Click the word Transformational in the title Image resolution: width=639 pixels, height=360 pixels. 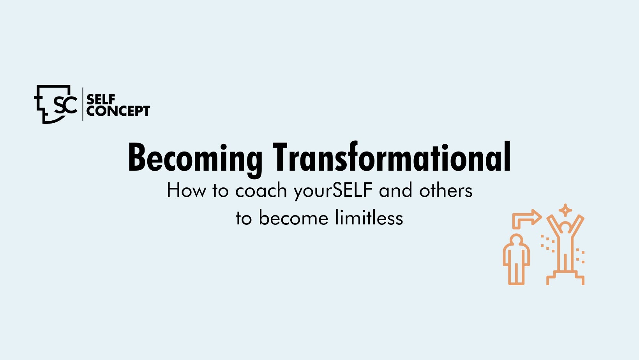[392, 157]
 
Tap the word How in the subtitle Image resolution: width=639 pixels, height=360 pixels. [186, 190]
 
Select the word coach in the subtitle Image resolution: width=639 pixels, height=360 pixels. [261, 190]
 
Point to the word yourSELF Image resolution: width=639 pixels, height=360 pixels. [333, 191]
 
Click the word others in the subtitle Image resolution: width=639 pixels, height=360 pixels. [446, 190]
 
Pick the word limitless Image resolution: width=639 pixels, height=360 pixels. [369, 218]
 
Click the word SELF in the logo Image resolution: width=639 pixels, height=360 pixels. [101, 100]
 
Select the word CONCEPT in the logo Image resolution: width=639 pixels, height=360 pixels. [118, 111]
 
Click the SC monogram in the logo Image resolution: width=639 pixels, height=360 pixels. [65, 104]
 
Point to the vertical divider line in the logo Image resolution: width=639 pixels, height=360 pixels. [83, 104]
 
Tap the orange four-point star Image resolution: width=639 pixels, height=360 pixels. [565, 210]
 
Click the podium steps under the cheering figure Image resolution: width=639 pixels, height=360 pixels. [565, 278]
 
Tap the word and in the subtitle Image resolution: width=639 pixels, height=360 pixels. [395, 190]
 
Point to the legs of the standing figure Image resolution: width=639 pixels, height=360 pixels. [516, 274]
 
